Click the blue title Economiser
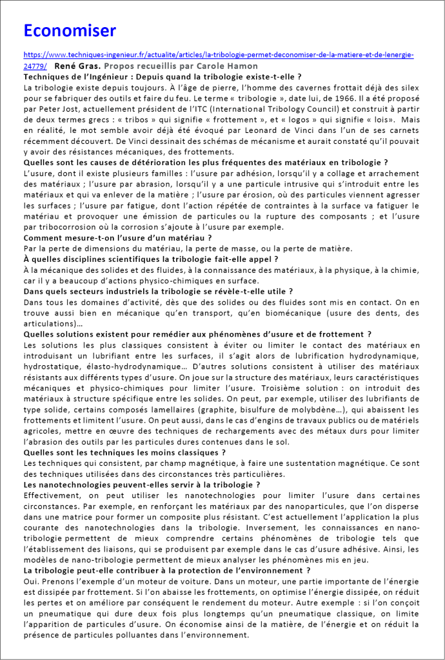pyautogui.click(x=70, y=30)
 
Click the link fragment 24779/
pyautogui.click(x=35, y=66)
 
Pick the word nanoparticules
pyautogui.click(x=310, y=506)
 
